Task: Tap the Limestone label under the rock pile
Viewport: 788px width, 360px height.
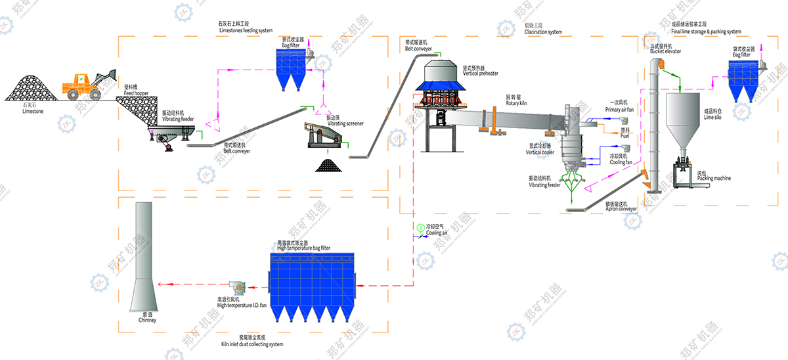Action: click(x=32, y=110)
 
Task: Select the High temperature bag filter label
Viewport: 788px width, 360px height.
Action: click(x=303, y=246)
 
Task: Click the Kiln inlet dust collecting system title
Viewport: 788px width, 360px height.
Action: click(x=252, y=342)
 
